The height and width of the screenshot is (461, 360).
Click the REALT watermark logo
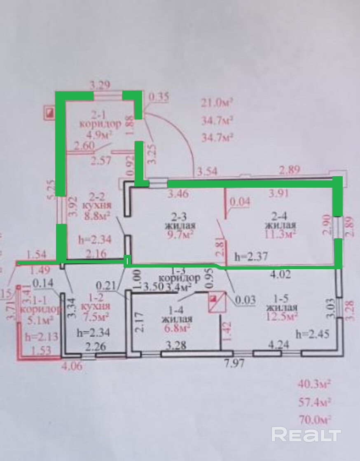pyautogui.click(x=306, y=435)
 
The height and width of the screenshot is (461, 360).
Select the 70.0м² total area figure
pyautogui.click(x=314, y=419)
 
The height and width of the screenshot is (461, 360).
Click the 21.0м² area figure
pyautogui.click(x=217, y=102)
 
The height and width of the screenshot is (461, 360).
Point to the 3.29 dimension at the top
pyautogui.click(x=101, y=86)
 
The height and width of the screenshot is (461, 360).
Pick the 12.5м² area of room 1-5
pyautogui.click(x=282, y=317)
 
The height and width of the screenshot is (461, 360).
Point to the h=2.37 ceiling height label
pyautogui.click(x=251, y=256)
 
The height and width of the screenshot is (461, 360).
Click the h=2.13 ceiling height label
pyautogui.click(x=39, y=337)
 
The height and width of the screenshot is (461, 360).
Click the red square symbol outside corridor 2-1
pyautogui.click(x=50, y=112)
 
